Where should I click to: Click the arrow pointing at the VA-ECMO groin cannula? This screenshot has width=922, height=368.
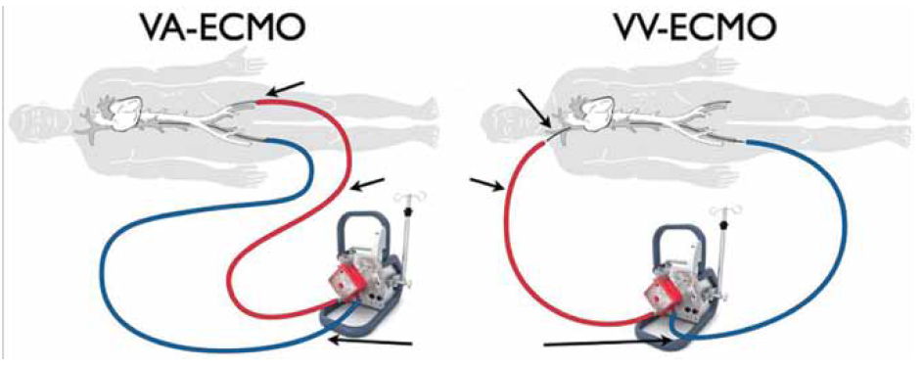[x=285, y=89]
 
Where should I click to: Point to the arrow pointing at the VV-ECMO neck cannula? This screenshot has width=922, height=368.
[x=533, y=108]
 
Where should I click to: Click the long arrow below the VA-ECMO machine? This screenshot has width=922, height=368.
[x=372, y=341]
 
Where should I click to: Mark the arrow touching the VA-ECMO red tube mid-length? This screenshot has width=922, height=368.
[x=367, y=183]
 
